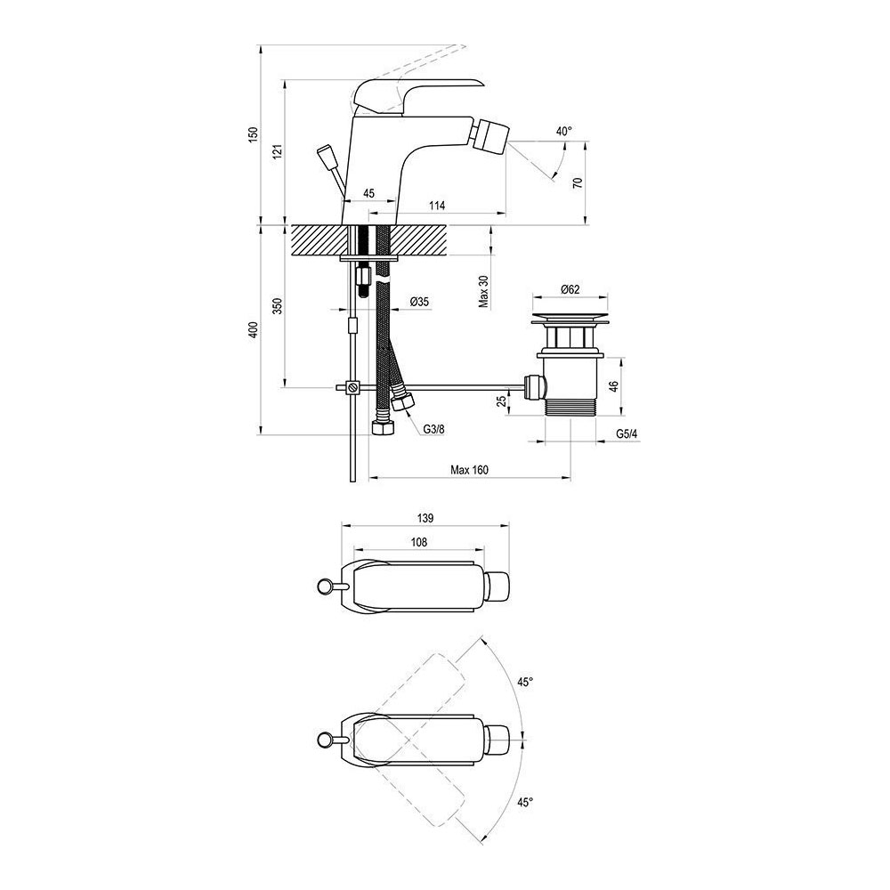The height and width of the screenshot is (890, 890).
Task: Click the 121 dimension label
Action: pos(278,151)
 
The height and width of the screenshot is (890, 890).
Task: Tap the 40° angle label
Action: pos(563,132)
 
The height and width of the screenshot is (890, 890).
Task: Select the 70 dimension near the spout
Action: pos(578,183)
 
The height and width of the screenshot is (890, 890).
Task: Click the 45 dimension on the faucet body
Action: pos(368,193)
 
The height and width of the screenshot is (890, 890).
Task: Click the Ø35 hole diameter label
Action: pos(419,303)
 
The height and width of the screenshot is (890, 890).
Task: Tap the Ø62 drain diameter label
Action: pos(570,289)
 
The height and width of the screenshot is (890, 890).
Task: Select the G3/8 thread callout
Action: pos(433,430)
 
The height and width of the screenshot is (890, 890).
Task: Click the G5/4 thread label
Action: pos(627,435)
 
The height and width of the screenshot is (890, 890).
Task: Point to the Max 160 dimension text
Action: pos(469,471)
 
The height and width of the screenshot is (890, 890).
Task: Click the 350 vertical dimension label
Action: pos(277,307)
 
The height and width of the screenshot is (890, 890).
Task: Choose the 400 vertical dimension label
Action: pos(254,330)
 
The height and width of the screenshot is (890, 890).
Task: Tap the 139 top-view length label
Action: pos(425,517)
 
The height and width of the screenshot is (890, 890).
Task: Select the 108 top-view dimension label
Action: pos(419,542)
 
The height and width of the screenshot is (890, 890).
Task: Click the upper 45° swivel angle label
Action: pos(524,682)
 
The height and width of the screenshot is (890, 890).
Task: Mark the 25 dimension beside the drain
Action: pos(503,402)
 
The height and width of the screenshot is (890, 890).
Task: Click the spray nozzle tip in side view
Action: pos(494,138)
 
